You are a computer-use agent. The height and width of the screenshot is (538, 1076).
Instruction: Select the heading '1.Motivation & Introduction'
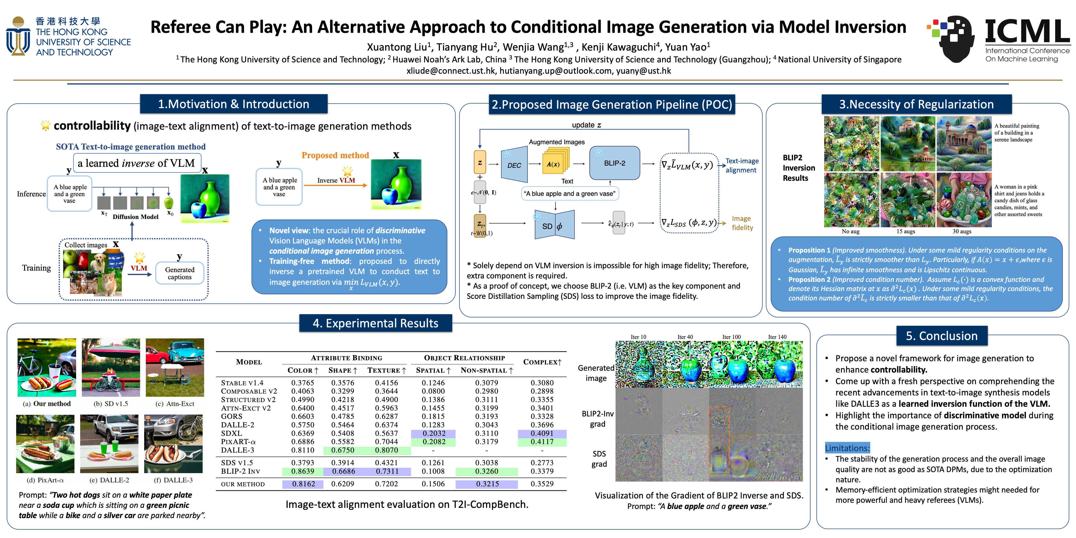coord(233,104)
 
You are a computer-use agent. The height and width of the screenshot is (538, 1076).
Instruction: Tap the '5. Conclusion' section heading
coord(942,336)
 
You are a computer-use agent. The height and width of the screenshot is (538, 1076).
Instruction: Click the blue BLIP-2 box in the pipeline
coord(614,163)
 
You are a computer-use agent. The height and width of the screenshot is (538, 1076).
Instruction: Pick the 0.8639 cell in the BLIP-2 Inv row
coord(302,471)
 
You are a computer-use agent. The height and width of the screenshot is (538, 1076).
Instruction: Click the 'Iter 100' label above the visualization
coord(731,337)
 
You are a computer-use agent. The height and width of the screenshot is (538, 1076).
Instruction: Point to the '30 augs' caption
coord(962,231)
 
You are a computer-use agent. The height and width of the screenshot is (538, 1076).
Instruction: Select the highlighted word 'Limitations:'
coord(847,448)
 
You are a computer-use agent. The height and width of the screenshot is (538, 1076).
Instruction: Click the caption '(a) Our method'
coord(47,403)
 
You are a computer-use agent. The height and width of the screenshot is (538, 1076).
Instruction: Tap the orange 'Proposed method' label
coord(335,155)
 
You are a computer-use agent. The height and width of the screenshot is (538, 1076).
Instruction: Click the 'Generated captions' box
coord(180,273)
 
